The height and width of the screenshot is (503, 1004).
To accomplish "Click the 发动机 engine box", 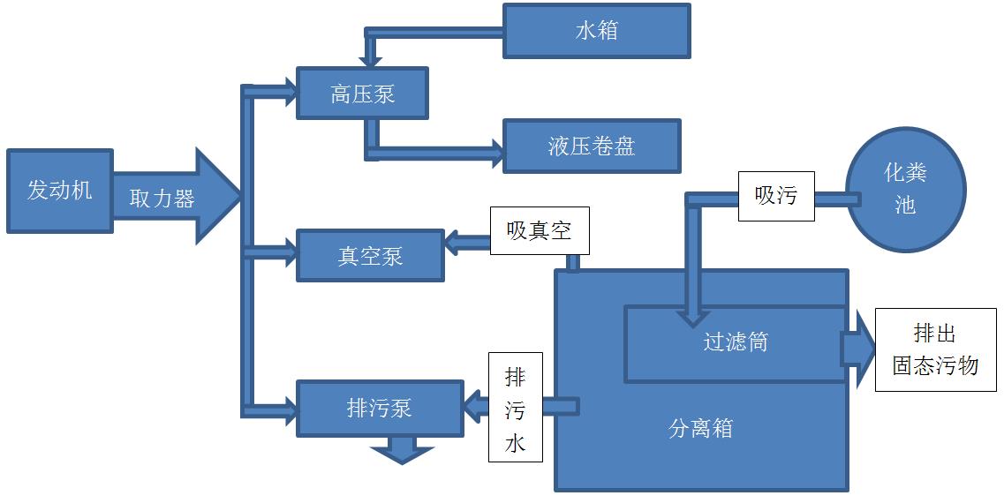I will point(60,191).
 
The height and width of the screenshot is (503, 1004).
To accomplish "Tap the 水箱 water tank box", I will point(596,31).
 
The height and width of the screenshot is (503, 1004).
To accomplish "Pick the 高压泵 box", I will point(362,93).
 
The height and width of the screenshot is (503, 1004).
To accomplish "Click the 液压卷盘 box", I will point(592,146).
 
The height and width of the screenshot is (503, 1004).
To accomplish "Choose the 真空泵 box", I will point(370,255).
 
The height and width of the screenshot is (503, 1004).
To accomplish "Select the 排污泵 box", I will point(380,408).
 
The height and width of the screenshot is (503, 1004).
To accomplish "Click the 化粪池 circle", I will point(905,190).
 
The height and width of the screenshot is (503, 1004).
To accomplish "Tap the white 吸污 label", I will point(776,196).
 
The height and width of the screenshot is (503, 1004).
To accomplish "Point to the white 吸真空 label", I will point(539,230).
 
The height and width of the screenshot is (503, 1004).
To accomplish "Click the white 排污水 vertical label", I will point(515,408).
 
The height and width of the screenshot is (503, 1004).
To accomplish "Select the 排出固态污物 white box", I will point(935,349).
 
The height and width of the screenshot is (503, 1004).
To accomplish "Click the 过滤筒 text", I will point(736,342).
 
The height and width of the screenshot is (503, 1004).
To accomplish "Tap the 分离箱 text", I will point(701,429).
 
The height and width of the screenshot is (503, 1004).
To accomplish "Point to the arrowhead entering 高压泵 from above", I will point(372,62).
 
